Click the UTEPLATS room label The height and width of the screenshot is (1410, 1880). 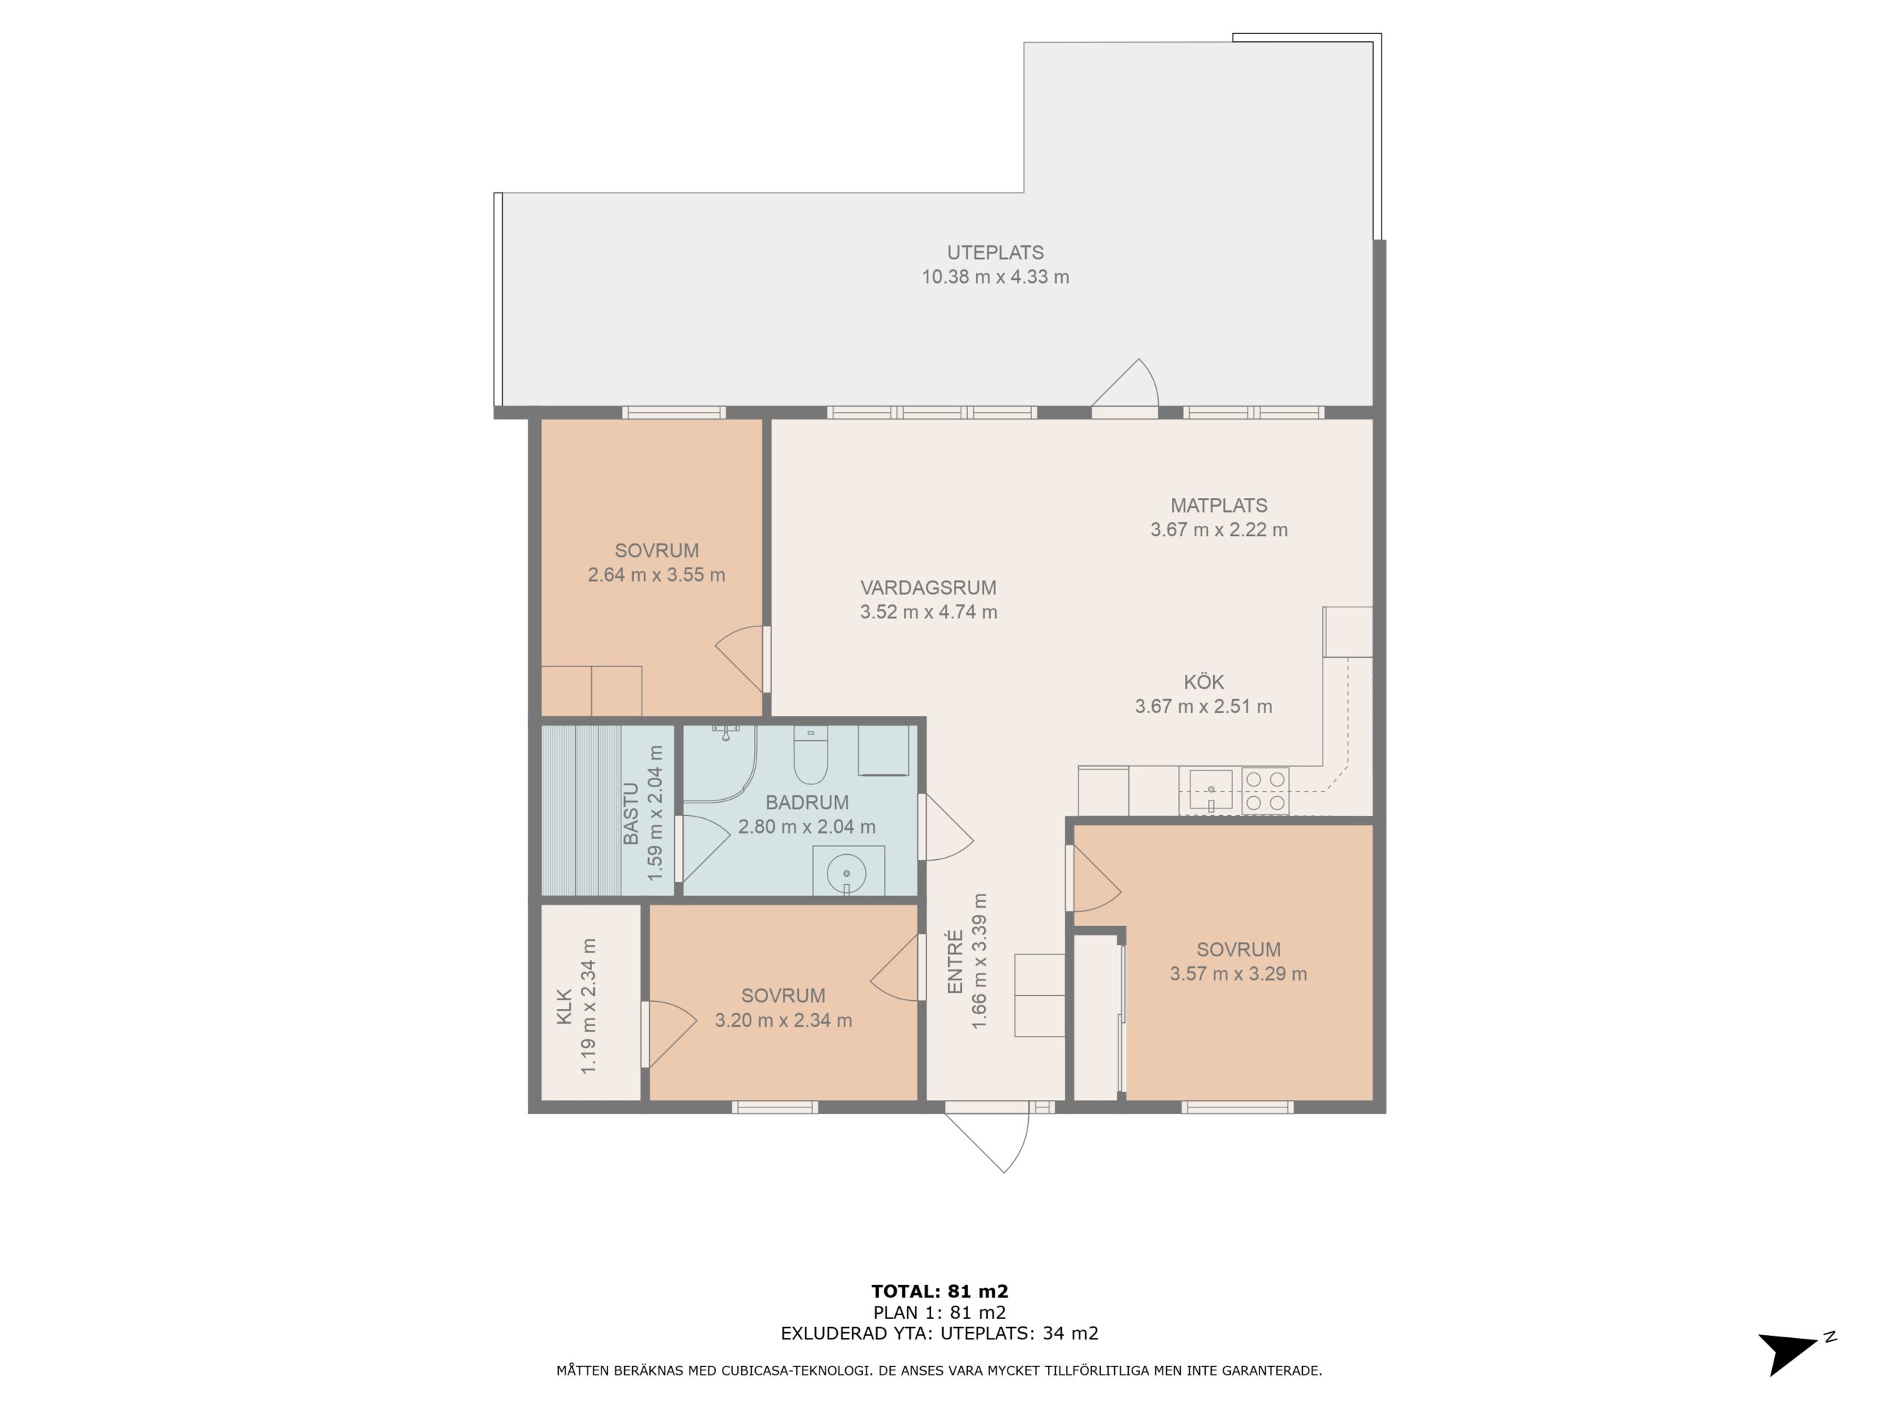(995, 253)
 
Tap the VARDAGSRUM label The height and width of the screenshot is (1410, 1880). (928, 587)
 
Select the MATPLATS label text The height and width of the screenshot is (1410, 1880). (1219, 505)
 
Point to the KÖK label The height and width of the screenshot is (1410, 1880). (1204, 681)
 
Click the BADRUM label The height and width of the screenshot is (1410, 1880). (806, 803)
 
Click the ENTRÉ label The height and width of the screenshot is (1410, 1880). (955, 961)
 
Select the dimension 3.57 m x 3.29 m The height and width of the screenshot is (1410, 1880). (1238, 974)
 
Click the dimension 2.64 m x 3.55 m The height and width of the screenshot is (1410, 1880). (656, 574)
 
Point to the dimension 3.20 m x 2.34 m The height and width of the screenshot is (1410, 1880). (783, 1020)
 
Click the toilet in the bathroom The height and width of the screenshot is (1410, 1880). (810, 755)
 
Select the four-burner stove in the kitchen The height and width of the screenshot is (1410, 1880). (1265, 790)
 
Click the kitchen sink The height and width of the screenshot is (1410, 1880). (1210, 790)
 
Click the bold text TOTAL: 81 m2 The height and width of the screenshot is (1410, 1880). (939, 1292)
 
